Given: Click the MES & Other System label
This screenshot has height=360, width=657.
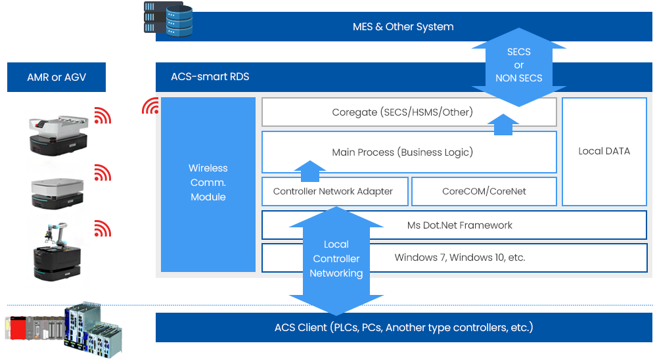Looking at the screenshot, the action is (403, 27).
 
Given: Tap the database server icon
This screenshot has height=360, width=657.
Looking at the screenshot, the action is (168, 18).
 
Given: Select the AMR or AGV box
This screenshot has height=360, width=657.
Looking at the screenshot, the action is (57, 77).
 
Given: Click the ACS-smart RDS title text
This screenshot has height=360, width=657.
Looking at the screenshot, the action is (210, 77).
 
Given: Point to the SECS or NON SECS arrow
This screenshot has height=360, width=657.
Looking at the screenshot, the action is (519, 67).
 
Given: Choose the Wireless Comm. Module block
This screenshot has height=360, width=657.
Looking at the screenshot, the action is (208, 185).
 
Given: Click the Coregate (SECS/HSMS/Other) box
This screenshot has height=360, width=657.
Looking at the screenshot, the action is (409, 112).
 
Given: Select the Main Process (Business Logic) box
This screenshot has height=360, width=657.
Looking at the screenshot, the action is (409, 152).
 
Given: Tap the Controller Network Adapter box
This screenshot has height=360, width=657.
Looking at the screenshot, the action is (335, 192).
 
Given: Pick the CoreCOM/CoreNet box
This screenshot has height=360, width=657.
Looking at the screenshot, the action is (484, 192).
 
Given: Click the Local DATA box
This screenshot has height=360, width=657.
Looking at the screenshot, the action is (604, 151).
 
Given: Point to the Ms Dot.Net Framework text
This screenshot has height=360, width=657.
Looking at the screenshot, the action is (460, 225).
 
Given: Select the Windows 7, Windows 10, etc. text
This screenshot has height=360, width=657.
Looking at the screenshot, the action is (460, 258).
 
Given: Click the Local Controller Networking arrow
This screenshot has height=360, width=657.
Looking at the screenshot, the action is (336, 261).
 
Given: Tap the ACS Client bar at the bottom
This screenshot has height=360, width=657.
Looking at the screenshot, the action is (404, 327).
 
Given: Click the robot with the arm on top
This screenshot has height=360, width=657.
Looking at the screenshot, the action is (57, 252).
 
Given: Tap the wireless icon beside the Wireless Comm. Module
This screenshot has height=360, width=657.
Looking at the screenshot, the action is (150, 106).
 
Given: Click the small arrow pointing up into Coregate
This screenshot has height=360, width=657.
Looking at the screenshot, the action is (503, 124).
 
